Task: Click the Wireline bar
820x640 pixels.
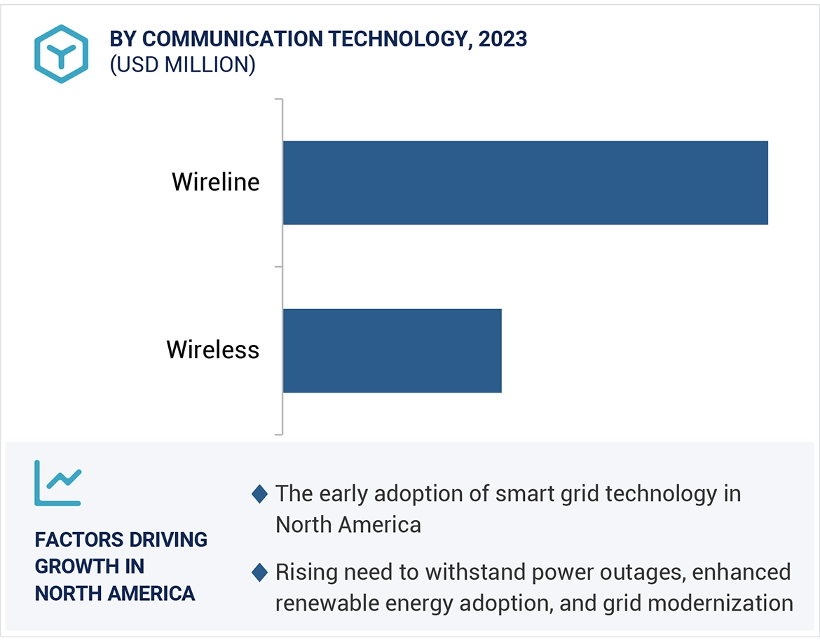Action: coord(525,183)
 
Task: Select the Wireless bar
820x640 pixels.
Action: coord(392,350)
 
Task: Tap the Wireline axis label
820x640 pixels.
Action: coord(216,182)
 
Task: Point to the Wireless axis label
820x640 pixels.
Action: coord(213,350)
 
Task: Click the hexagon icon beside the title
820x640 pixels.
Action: coord(62,54)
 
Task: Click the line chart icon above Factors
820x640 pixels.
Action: coord(58,483)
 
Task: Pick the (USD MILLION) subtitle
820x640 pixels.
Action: coord(182,64)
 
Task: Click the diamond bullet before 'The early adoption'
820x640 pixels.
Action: coord(259,494)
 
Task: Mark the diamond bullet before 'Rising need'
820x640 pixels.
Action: coord(259,573)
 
